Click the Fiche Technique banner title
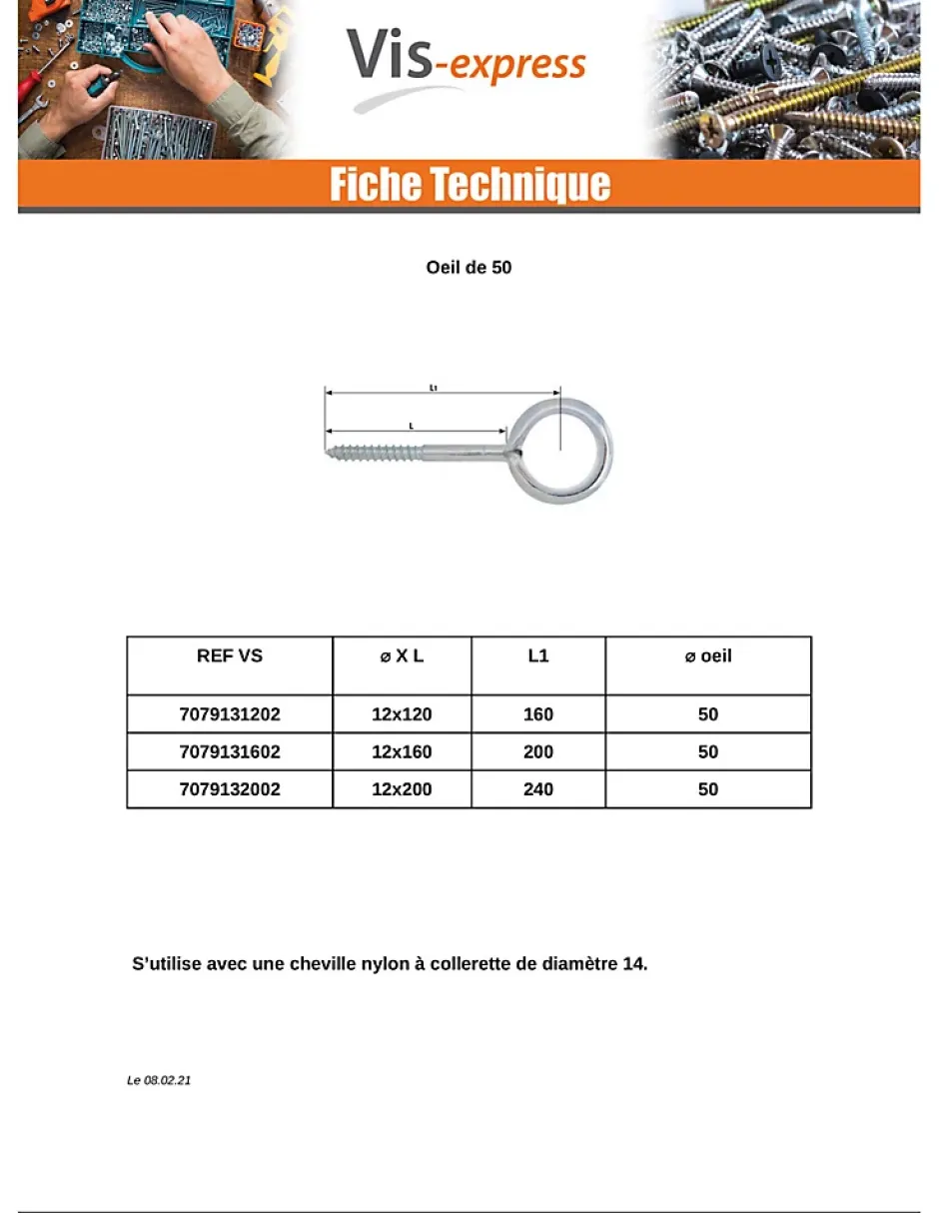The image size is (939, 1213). coord(469,186)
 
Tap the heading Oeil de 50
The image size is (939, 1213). coord(469,268)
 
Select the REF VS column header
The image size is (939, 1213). coord(230,656)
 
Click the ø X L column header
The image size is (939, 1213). coord(402,656)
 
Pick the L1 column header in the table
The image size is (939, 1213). coord(537,656)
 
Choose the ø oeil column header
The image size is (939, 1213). coord(707,656)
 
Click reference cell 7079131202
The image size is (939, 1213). coord(230,714)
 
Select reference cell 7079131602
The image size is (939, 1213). coord(230,752)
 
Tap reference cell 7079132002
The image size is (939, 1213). coord(230,789)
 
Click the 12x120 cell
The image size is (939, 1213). coord(402,714)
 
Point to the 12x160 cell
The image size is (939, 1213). coord(402,752)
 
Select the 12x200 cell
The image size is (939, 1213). coord(402,789)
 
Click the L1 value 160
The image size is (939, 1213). coord(537,714)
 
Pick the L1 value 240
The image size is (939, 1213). coord(537,789)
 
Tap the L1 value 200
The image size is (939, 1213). coord(537,752)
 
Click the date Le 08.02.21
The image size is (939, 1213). coord(159,1081)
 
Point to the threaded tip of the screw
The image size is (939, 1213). coord(334,452)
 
